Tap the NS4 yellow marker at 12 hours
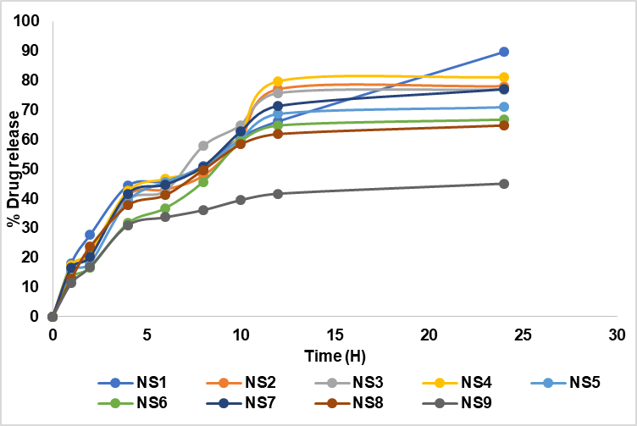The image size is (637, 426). point(278,82)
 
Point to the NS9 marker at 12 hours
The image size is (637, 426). point(278,194)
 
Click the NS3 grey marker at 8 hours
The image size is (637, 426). point(203,146)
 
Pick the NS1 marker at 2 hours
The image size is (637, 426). point(90,235)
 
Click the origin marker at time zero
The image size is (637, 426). point(53,317)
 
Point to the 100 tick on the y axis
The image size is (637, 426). point(31,21)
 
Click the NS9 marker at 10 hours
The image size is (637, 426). point(241,200)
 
